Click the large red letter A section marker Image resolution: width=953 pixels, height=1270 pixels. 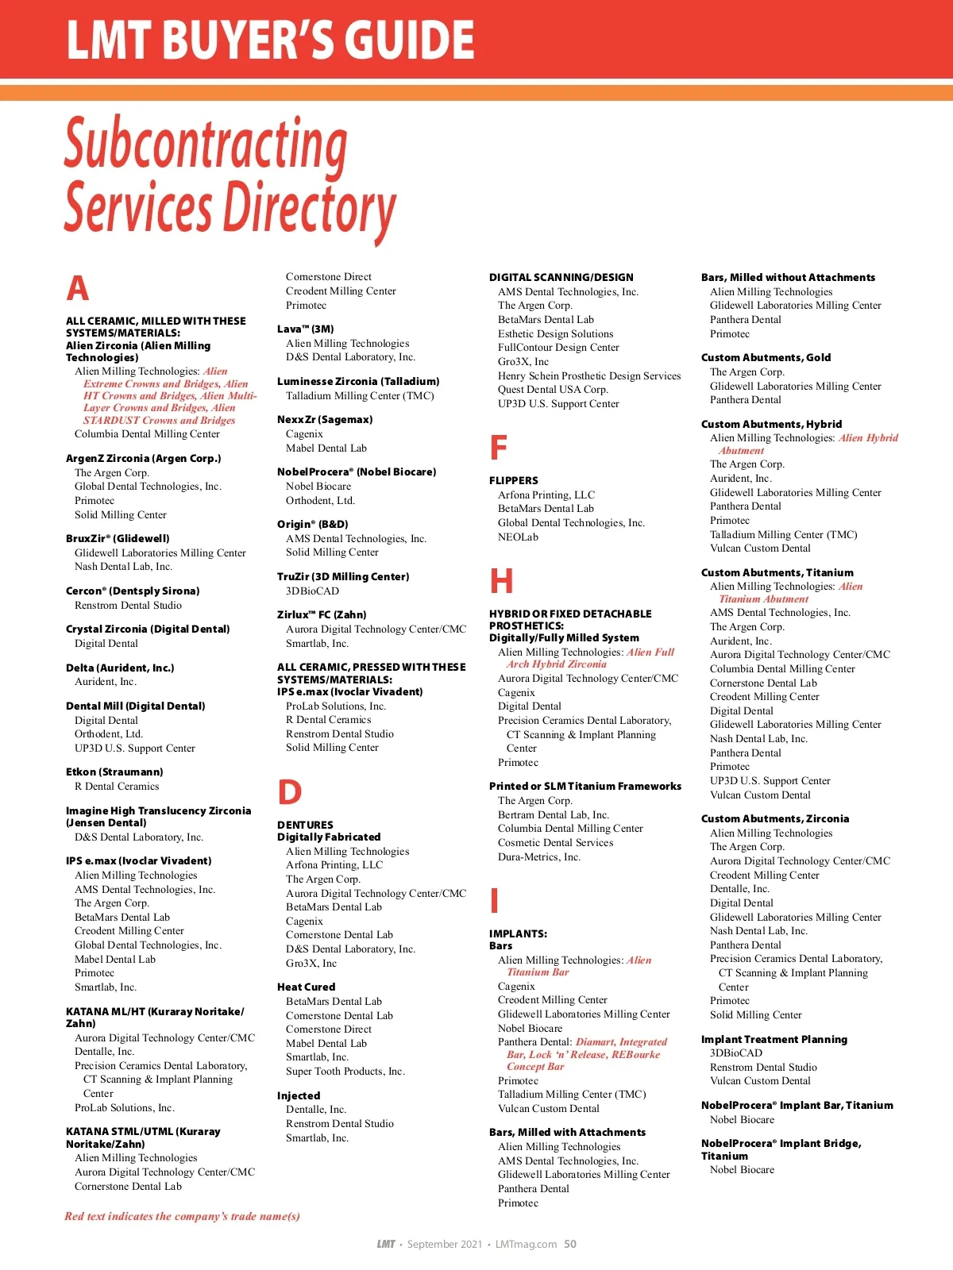(78, 288)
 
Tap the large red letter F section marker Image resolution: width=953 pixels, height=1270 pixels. (499, 448)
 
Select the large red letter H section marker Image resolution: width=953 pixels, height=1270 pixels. (501, 581)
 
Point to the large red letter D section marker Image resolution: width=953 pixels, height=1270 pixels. (290, 793)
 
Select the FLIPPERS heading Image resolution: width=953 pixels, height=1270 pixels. (514, 480)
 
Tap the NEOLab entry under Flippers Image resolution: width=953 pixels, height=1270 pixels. (518, 537)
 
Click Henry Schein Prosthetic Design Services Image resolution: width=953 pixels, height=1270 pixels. (589, 375)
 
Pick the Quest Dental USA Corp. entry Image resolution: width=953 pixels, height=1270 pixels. (553, 390)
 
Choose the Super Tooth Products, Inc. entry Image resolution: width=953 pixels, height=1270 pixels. (345, 1072)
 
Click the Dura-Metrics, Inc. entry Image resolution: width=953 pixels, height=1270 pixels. (539, 857)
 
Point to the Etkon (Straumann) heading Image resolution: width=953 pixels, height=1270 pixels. (114, 772)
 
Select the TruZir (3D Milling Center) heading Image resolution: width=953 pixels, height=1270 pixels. (343, 576)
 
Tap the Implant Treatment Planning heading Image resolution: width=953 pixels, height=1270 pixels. (774, 1039)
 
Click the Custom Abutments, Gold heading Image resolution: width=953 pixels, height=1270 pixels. (766, 357)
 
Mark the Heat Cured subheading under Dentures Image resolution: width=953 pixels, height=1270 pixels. (307, 987)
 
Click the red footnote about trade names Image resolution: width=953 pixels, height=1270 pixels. (183, 1216)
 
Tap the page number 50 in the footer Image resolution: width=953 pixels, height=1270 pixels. (570, 1244)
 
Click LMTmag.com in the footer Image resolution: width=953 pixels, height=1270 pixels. (526, 1244)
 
